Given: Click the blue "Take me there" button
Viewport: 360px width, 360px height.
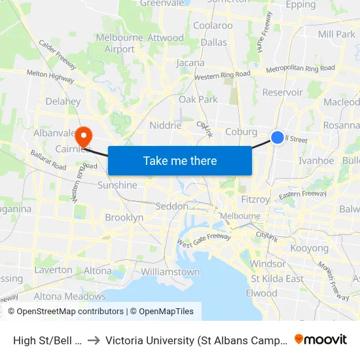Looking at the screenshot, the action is pos(180,160).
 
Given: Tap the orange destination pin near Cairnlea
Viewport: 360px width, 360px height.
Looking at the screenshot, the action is pos(84,135).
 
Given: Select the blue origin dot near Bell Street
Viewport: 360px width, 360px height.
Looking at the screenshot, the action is pos(278,137).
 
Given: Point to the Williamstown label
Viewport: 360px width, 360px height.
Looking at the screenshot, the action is pos(170,272).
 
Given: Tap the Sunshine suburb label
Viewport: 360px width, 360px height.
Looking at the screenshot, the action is pos(117,185).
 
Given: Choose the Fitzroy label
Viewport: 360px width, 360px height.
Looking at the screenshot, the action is pos(255,199).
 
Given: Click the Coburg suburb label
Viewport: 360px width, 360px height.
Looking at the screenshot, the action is pos(241,132).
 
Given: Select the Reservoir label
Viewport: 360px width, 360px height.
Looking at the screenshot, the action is pos(282,92).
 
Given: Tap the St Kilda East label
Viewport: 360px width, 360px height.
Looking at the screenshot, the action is pos(276,278).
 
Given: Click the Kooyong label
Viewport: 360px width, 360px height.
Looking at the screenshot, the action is pos(309,248).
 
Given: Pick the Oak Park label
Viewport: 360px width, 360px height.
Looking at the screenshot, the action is pos(198,99).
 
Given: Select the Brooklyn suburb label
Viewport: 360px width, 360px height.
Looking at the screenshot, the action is pos(124,217).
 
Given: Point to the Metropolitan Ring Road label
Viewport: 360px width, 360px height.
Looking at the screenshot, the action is pos(301,67).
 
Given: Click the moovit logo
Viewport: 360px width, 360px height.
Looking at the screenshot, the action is pos(321,339).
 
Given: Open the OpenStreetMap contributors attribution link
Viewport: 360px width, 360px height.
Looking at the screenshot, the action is pos(66,312).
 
